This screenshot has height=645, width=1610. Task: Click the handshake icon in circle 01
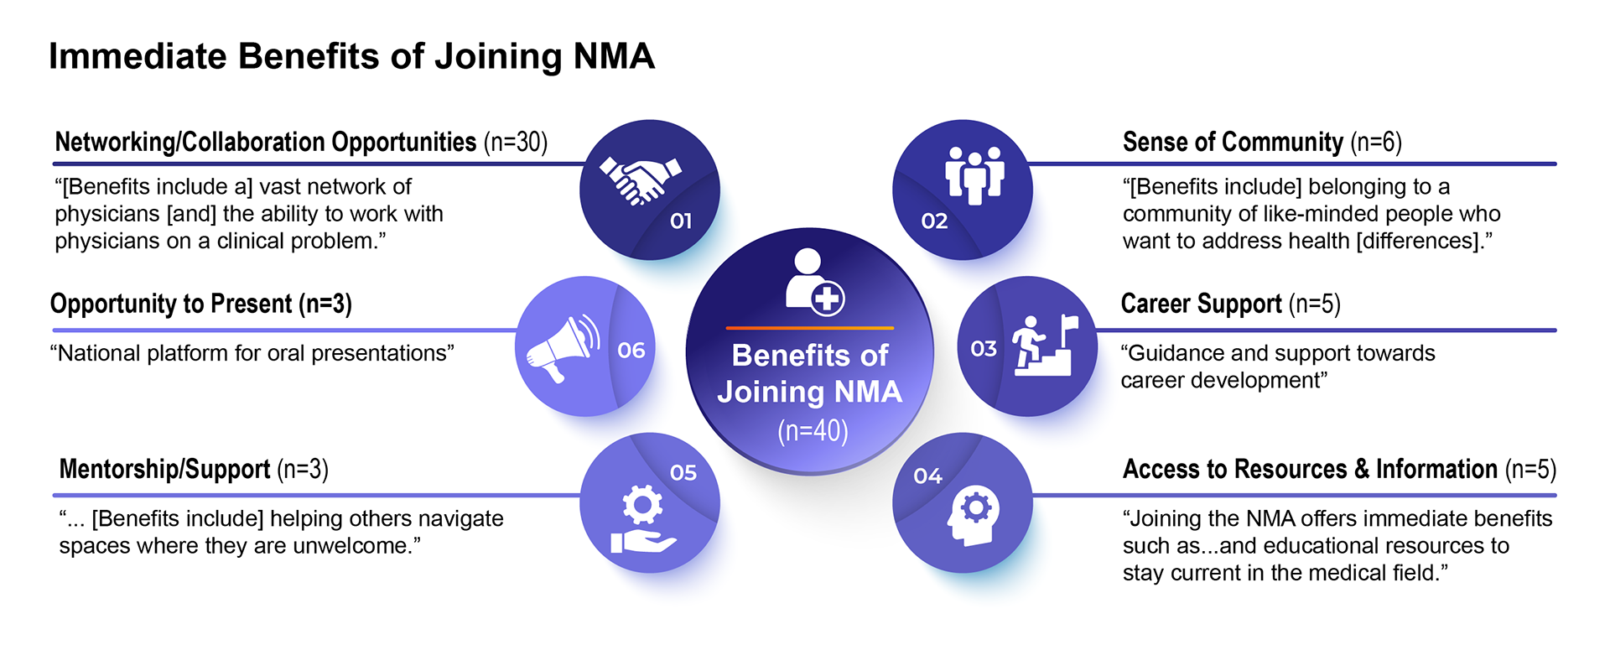(x=639, y=179)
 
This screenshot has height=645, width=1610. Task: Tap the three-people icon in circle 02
(x=974, y=174)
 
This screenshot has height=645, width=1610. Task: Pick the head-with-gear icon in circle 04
(x=974, y=514)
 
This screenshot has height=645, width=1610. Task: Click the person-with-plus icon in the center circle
(x=813, y=281)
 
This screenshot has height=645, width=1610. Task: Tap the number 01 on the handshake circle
(x=681, y=221)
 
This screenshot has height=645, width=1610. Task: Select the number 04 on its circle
(x=927, y=476)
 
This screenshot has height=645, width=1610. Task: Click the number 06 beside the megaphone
(x=631, y=351)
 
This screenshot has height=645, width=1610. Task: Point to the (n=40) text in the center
(x=812, y=431)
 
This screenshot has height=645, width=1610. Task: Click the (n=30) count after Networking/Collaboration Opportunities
(x=516, y=142)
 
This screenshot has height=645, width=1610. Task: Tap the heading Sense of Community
(x=1233, y=142)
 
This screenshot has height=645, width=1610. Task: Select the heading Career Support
(x=1201, y=304)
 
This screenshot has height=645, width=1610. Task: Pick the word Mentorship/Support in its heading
(x=164, y=469)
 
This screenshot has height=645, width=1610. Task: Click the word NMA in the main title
(x=614, y=56)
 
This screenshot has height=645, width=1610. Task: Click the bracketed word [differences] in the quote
(x=1418, y=242)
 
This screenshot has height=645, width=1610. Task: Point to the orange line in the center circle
(x=810, y=328)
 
